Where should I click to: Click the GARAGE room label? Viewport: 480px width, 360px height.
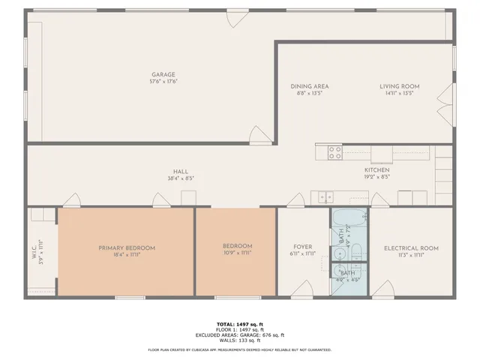click(163, 74)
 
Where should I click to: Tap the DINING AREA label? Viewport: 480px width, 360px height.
click(310, 86)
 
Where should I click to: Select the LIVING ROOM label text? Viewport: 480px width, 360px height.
click(399, 86)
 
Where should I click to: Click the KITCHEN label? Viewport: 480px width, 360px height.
click(376, 170)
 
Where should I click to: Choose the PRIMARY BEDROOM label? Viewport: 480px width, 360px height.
click(127, 247)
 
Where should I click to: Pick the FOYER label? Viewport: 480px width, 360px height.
click(303, 246)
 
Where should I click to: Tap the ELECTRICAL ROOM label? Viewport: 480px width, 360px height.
click(411, 248)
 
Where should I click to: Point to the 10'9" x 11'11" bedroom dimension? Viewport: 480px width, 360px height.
click(237, 253)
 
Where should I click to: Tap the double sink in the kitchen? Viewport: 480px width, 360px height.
click(324, 197)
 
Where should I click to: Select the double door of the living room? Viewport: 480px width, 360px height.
click(448, 103)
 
